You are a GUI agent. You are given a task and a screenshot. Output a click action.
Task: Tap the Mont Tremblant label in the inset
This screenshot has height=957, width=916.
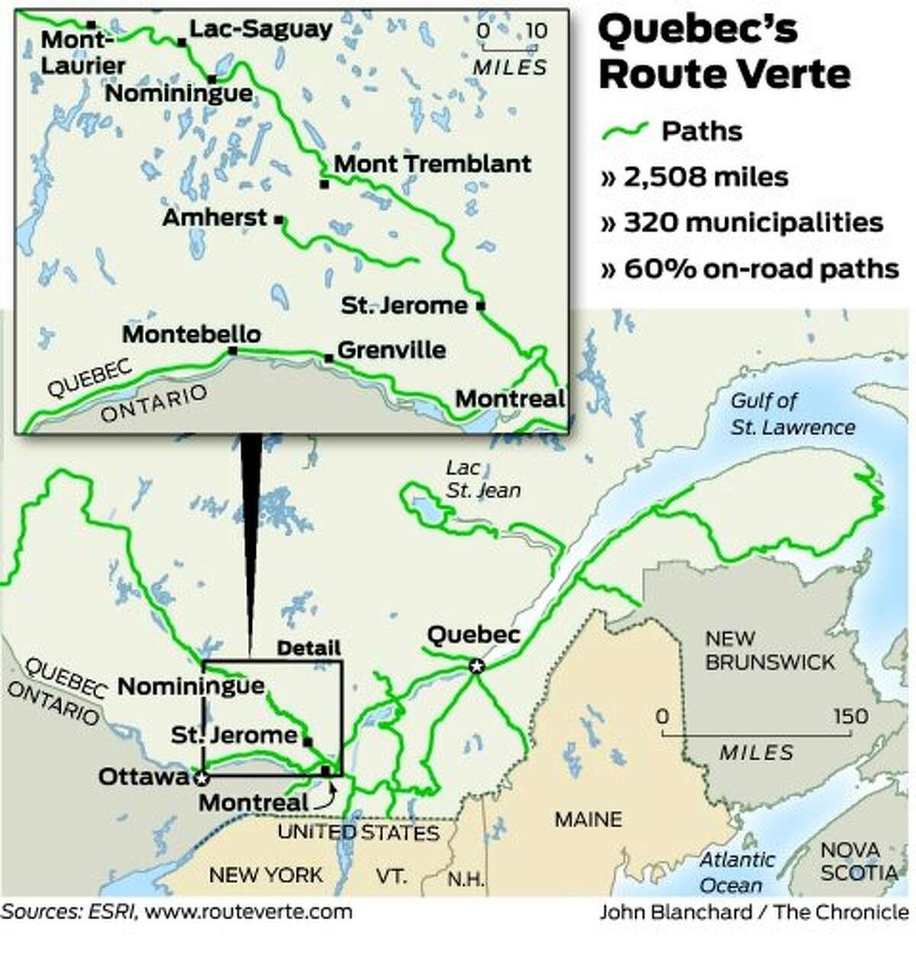pyautogui.click(x=432, y=163)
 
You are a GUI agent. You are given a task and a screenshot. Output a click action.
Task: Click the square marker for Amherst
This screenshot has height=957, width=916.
pyautogui.click(x=279, y=219)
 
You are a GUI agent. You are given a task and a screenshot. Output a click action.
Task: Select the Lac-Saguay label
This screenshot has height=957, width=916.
pyautogui.click(x=260, y=29)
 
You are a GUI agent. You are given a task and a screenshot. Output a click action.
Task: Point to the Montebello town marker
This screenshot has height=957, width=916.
pyautogui.click(x=233, y=351)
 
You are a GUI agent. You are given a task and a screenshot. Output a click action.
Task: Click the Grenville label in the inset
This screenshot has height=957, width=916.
pyautogui.click(x=391, y=350)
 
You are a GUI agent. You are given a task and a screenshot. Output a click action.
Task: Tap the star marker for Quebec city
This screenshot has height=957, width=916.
pyautogui.click(x=476, y=667)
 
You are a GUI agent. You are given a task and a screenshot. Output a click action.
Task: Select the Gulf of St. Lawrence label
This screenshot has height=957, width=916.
pyautogui.click(x=792, y=413)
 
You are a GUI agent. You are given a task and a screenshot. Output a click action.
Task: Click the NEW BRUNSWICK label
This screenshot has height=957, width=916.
pyautogui.click(x=769, y=650)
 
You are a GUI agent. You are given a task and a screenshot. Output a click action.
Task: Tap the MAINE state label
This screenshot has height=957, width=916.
pyautogui.click(x=588, y=820)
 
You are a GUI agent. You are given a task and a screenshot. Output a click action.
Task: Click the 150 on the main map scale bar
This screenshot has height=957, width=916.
pyautogui.click(x=850, y=716)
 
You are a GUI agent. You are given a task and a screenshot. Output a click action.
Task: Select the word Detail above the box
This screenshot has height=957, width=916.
pyautogui.click(x=308, y=648)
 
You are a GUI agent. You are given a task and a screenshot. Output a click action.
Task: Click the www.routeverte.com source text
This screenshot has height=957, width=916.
pyautogui.click(x=248, y=911)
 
